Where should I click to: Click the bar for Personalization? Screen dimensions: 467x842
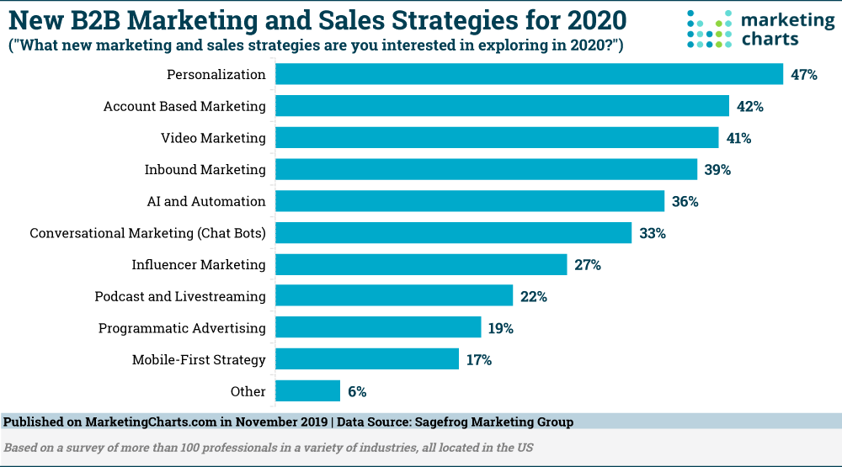pyautogui.click(x=530, y=74)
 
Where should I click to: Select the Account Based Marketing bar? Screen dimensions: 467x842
pyautogui.click(x=503, y=106)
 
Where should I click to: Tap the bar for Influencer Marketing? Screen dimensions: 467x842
pyautogui.click(x=421, y=264)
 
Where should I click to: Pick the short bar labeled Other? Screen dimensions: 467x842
pyautogui.click(x=307, y=391)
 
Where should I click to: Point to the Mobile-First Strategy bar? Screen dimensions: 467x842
pyautogui.click(x=367, y=359)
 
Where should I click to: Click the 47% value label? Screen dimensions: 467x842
pyautogui.click(x=804, y=75)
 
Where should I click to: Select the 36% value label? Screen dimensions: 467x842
pyautogui.click(x=685, y=202)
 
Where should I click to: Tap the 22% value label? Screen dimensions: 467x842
pyautogui.click(x=534, y=296)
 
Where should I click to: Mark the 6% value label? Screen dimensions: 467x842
pyautogui.click(x=356, y=391)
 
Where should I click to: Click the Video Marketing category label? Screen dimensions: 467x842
pyautogui.click(x=213, y=138)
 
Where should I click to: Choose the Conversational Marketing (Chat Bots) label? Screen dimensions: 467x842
pyautogui.click(x=147, y=233)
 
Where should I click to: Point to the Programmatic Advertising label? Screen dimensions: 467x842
pyautogui.click(x=182, y=328)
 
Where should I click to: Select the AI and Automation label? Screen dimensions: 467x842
pyautogui.click(x=206, y=202)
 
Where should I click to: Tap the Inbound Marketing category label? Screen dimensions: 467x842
pyautogui.click(x=205, y=170)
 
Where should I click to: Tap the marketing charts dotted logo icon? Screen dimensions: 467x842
pyautogui.click(x=710, y=29)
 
